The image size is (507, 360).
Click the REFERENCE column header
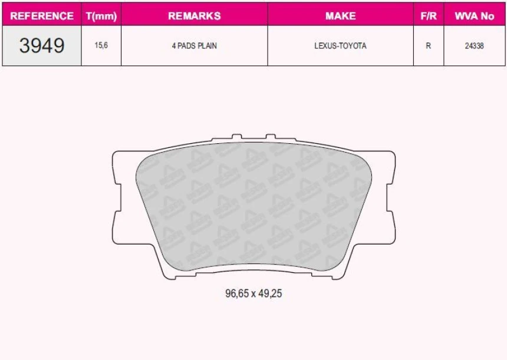pos(42,16)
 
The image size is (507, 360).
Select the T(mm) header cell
pos(101,16)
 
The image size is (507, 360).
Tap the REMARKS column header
pos(194,16)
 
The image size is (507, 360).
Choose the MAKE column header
pos(340,16)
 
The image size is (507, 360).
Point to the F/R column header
pos(429,16)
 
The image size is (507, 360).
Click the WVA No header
pos(474,16)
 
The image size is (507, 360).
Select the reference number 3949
pos(42,46)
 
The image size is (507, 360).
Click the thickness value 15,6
pos(101,46)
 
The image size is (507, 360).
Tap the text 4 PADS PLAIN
pos(194,46)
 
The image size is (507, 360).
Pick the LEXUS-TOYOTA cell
pos(340,46)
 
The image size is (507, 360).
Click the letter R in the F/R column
pos(429,46)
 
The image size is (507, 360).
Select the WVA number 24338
pos(474,46)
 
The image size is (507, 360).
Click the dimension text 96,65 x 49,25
pos(253,293)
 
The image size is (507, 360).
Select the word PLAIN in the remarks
pos(206,46)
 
